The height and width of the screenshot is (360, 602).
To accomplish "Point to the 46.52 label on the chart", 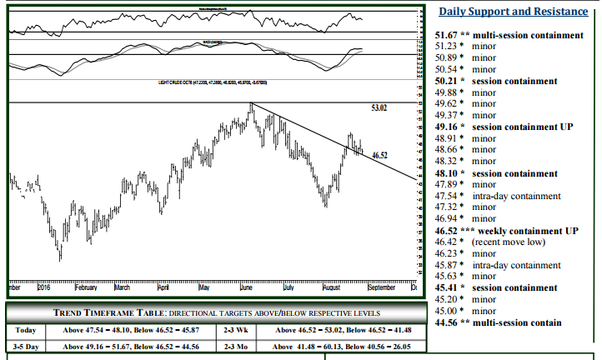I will click(x=380, y=156).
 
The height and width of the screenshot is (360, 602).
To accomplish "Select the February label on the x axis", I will click(x=85, y=287).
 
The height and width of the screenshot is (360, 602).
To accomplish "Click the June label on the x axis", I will click(x=246, y=287).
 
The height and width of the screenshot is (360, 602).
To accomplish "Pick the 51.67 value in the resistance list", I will click(x=446, y=36).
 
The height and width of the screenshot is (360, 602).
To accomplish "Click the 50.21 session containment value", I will click(x=446, y=82).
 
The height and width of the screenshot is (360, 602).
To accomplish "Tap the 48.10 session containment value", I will click(x=446, y=173).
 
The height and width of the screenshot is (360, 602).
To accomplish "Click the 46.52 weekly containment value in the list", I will click(x=446, y=230).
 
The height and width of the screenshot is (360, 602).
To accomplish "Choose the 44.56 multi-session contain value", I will click(x=446, y=322).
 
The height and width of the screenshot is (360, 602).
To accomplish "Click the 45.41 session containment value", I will click(x=446, y=287).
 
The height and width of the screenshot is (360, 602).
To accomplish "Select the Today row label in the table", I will click(x=25, y=330).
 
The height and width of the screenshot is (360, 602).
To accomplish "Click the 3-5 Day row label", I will click(x=25, y=347).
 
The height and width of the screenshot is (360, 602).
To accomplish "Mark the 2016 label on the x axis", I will click(x=44, y=287).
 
